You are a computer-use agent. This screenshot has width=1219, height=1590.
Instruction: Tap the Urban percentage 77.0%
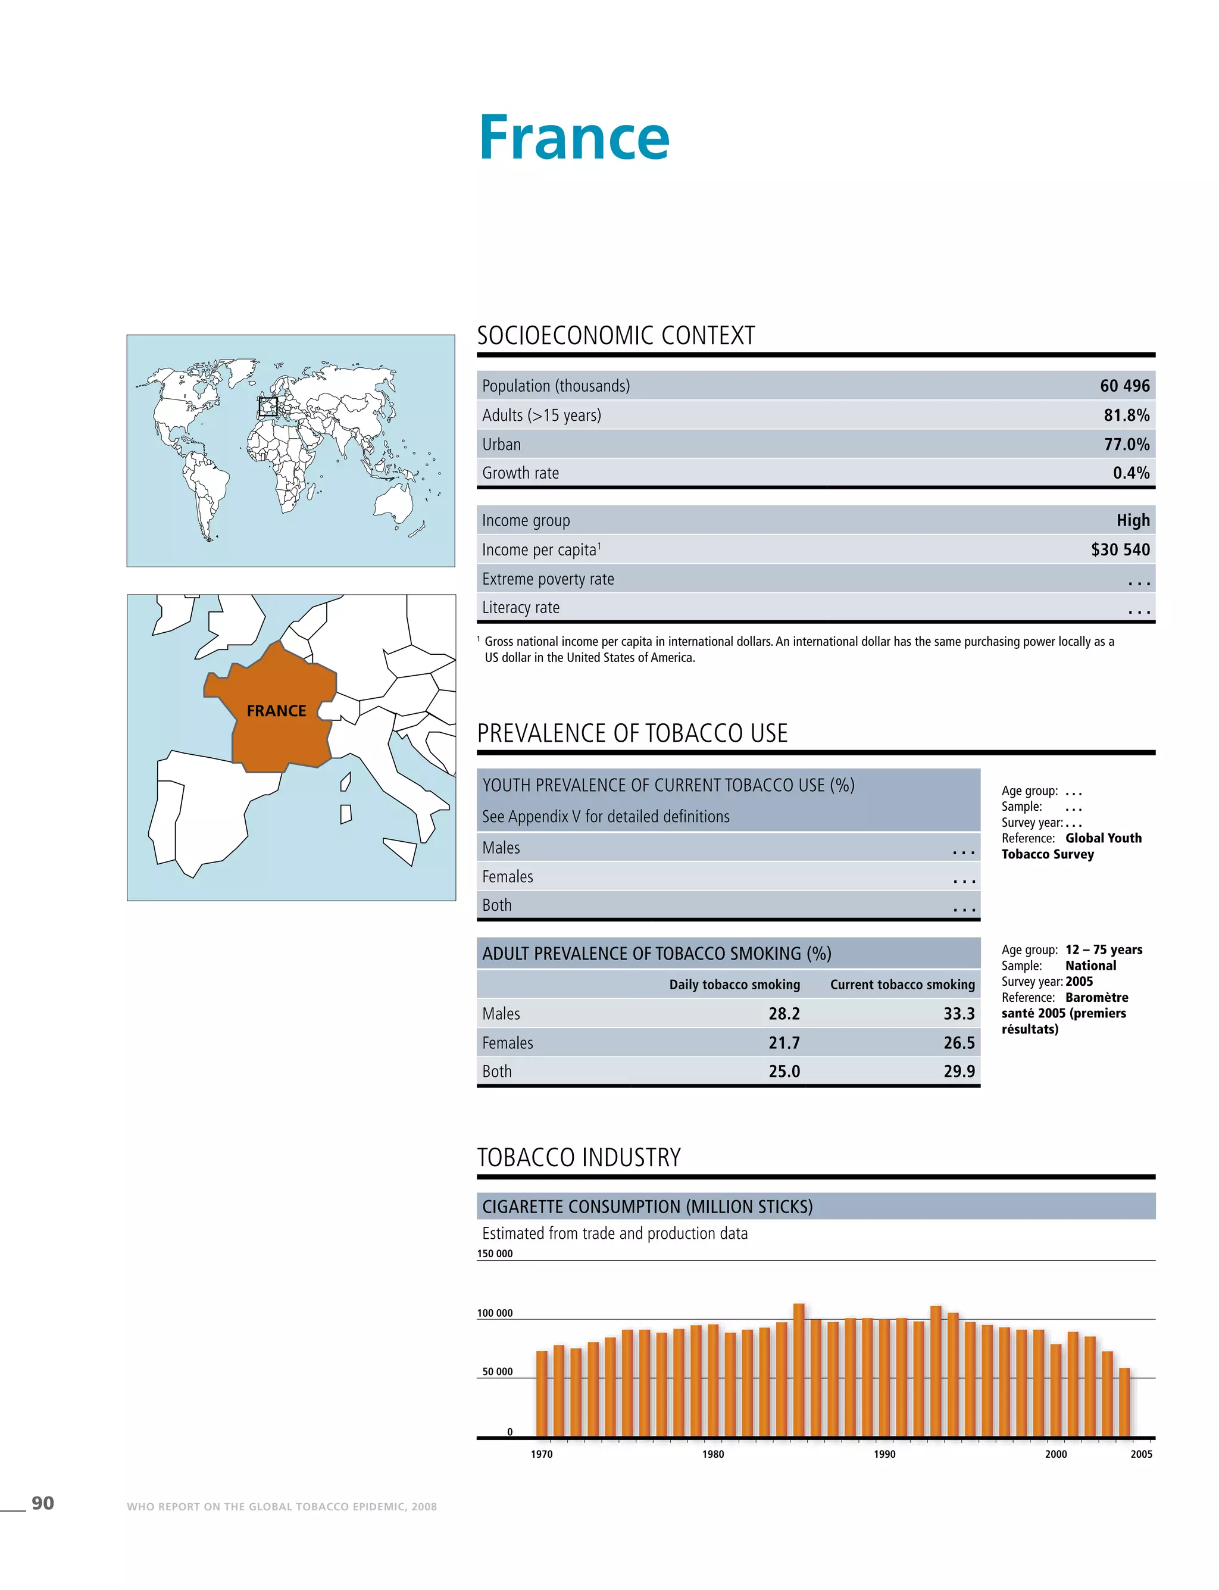[1126, 444]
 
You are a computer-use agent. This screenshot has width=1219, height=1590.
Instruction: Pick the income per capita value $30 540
[1120, 549]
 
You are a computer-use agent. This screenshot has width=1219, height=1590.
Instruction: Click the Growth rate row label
[520, 473]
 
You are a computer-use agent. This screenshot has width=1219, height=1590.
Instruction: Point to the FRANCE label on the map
[276, 711]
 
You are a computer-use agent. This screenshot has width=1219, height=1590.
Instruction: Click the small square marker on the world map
[268, 407]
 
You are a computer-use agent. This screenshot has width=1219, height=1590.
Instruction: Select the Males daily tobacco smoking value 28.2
[784, 1014]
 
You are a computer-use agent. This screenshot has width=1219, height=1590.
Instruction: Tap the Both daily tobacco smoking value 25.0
[784, 1071]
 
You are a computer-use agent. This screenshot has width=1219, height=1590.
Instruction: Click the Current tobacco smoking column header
[902, 985]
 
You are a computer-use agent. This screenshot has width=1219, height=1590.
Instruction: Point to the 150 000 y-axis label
[495, 1253]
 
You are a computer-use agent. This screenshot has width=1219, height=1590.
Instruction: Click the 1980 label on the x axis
[712, 1454]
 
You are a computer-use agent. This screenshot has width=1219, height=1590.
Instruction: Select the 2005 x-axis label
[1140, 1454]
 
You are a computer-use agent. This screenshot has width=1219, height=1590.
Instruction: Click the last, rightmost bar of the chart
[1124, 1402]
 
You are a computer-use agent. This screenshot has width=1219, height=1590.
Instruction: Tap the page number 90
[43, 1503]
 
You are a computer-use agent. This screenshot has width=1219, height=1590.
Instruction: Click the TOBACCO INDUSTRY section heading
[579, 1157]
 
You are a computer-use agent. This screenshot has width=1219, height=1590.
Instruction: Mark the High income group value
[1133, 520]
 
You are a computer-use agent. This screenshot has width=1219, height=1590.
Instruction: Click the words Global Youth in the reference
[1103, 838]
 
